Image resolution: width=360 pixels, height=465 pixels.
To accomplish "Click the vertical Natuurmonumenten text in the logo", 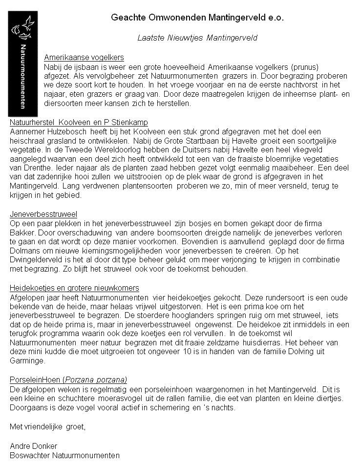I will click(x=23, y=76).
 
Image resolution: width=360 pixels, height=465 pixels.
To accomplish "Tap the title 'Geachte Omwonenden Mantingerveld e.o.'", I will click(x=197, y=18).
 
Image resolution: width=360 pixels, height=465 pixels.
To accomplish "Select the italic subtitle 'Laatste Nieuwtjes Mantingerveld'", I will click(x=197, y=38).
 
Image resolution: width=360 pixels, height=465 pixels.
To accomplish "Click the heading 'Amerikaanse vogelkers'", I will click(x=84, y=57).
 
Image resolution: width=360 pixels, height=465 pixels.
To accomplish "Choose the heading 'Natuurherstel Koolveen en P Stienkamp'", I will click(x=79, y=122).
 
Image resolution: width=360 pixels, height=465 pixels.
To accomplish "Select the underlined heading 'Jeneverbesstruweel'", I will click(x=43, y=214).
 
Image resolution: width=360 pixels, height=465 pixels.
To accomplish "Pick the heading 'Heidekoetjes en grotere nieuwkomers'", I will click(x=74, y=288).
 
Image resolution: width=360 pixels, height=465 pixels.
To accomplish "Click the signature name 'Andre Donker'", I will click(x=33, y=446).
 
